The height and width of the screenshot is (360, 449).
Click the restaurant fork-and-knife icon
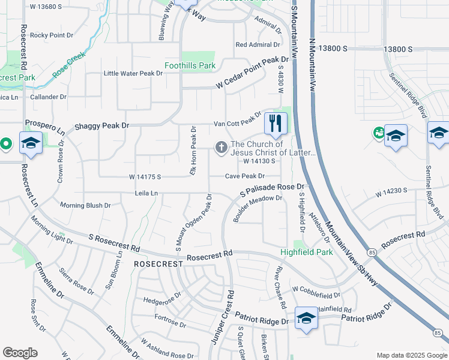(276, 124)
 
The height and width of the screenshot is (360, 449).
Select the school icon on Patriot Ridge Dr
(306, 318)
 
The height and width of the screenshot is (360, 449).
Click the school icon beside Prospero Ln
(30, 143)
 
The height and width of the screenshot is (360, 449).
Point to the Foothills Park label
(190, 65)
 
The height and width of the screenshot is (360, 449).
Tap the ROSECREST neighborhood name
(158, 264)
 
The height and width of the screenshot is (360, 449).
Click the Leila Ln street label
(146, 193)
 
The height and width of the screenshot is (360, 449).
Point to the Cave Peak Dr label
(245, 176)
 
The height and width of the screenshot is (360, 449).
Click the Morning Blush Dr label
(85, 205)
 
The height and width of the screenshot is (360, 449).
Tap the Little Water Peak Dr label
(133, 73)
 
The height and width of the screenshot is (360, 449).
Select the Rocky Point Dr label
(51, 35)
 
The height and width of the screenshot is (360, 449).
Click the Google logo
(20, 353)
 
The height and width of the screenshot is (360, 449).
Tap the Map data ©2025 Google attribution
(411, 355)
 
